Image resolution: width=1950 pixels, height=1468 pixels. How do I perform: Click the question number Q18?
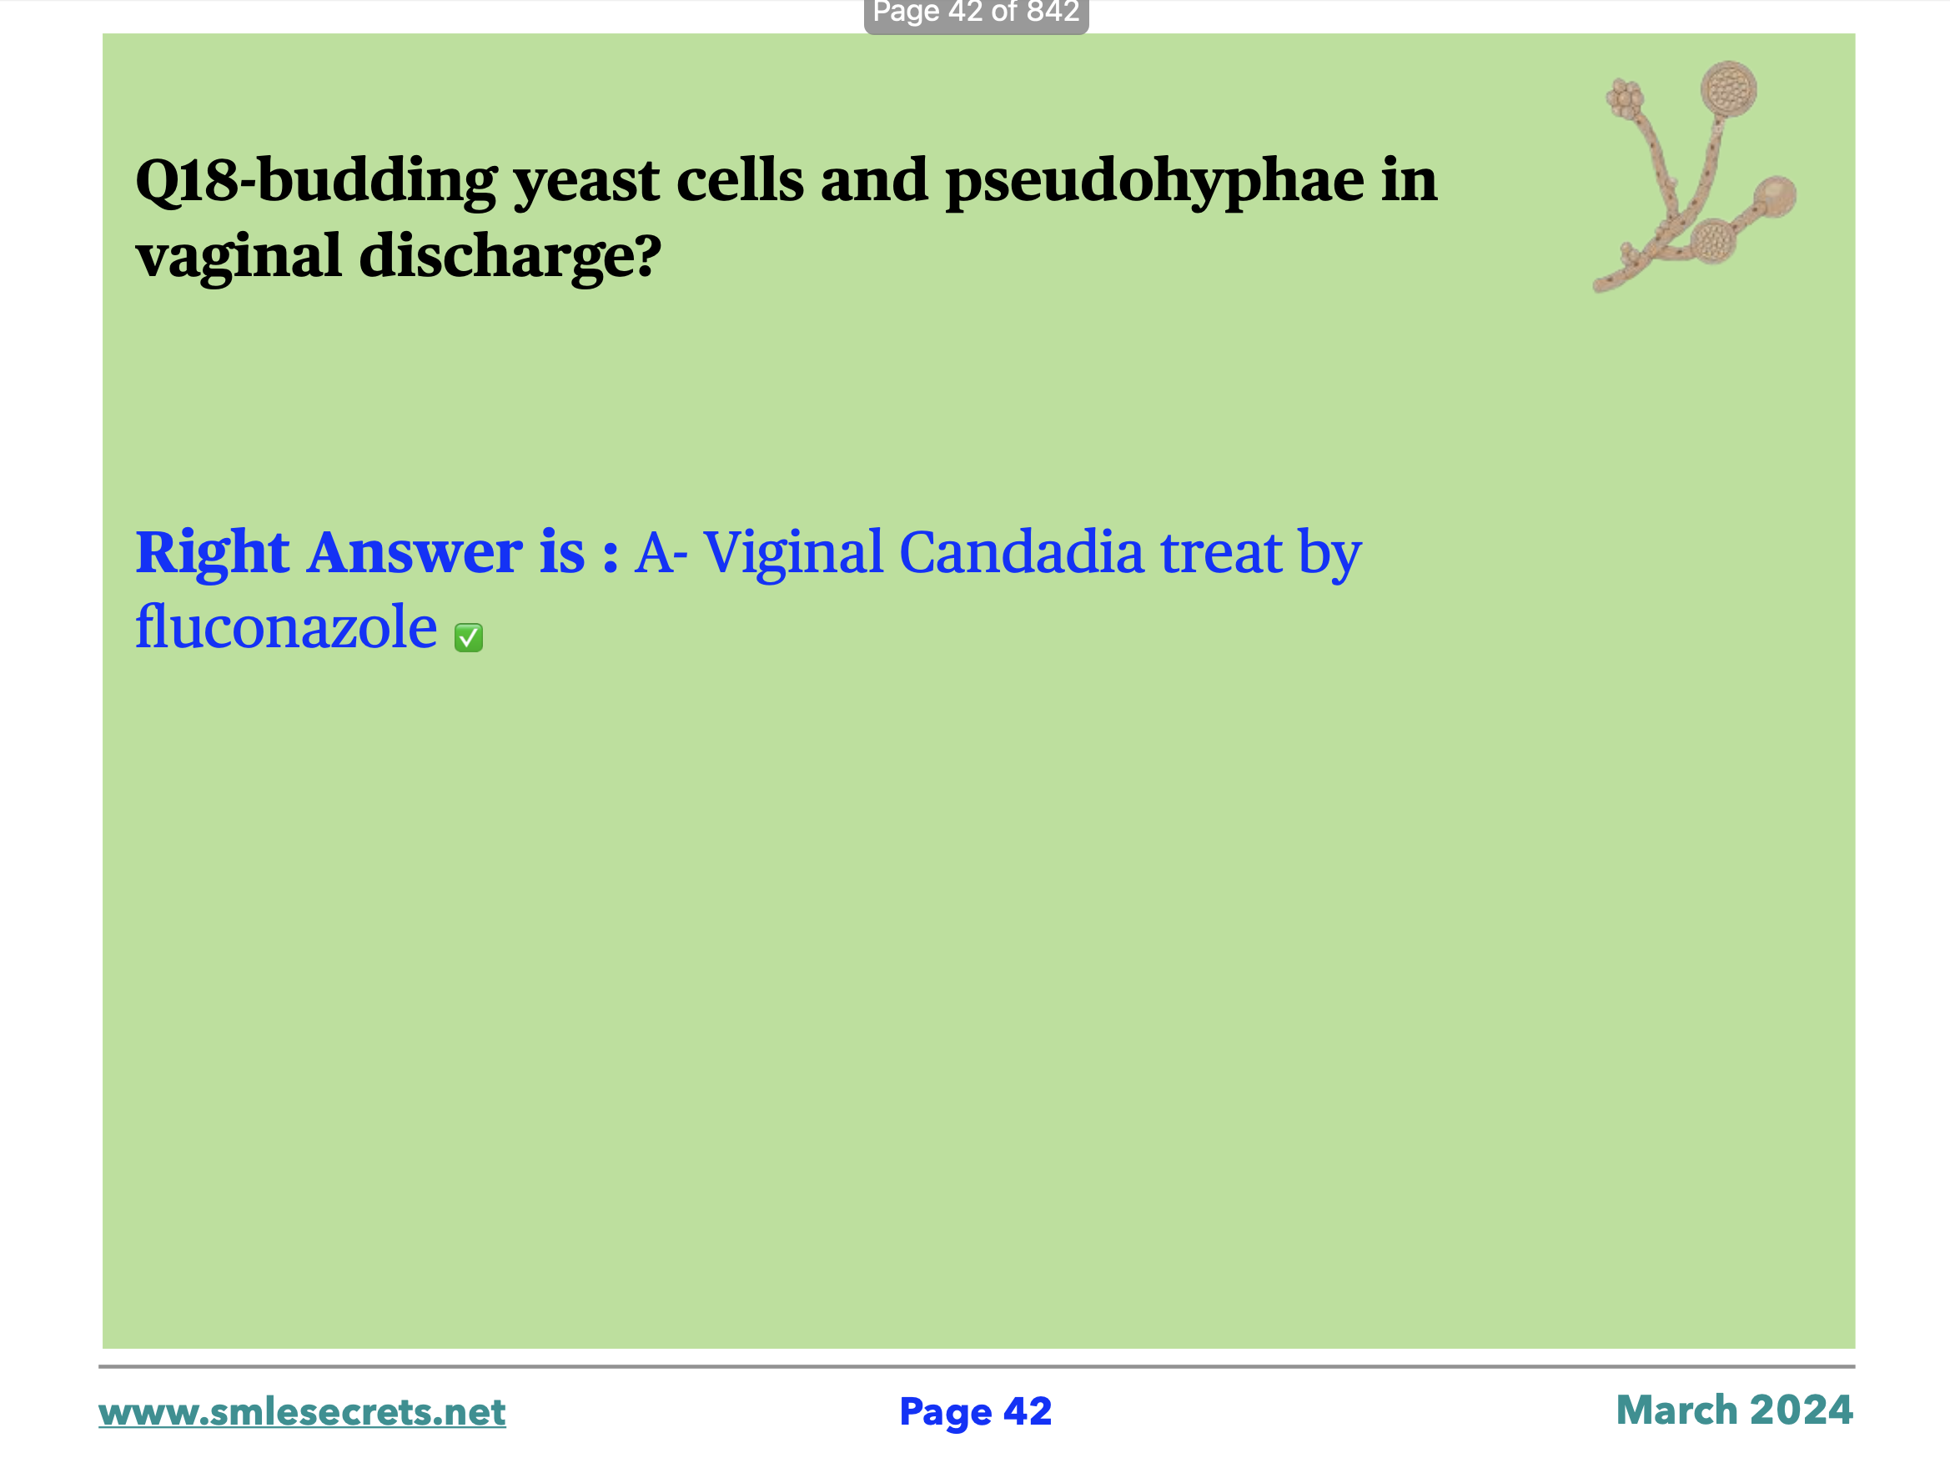[187, 182]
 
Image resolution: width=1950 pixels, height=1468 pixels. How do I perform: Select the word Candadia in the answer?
[1021, 553]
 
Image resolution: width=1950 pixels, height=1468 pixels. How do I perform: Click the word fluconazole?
[285, 627]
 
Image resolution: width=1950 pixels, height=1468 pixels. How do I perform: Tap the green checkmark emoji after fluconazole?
[468, 637]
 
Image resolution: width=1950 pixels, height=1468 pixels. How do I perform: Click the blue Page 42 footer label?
[975, 1412]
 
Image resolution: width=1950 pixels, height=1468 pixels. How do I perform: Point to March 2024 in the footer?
[1734, 1410]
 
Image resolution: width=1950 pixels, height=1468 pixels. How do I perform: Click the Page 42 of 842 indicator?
[976, 14]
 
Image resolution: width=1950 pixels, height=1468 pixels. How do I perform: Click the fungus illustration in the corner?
[1693, 176]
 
